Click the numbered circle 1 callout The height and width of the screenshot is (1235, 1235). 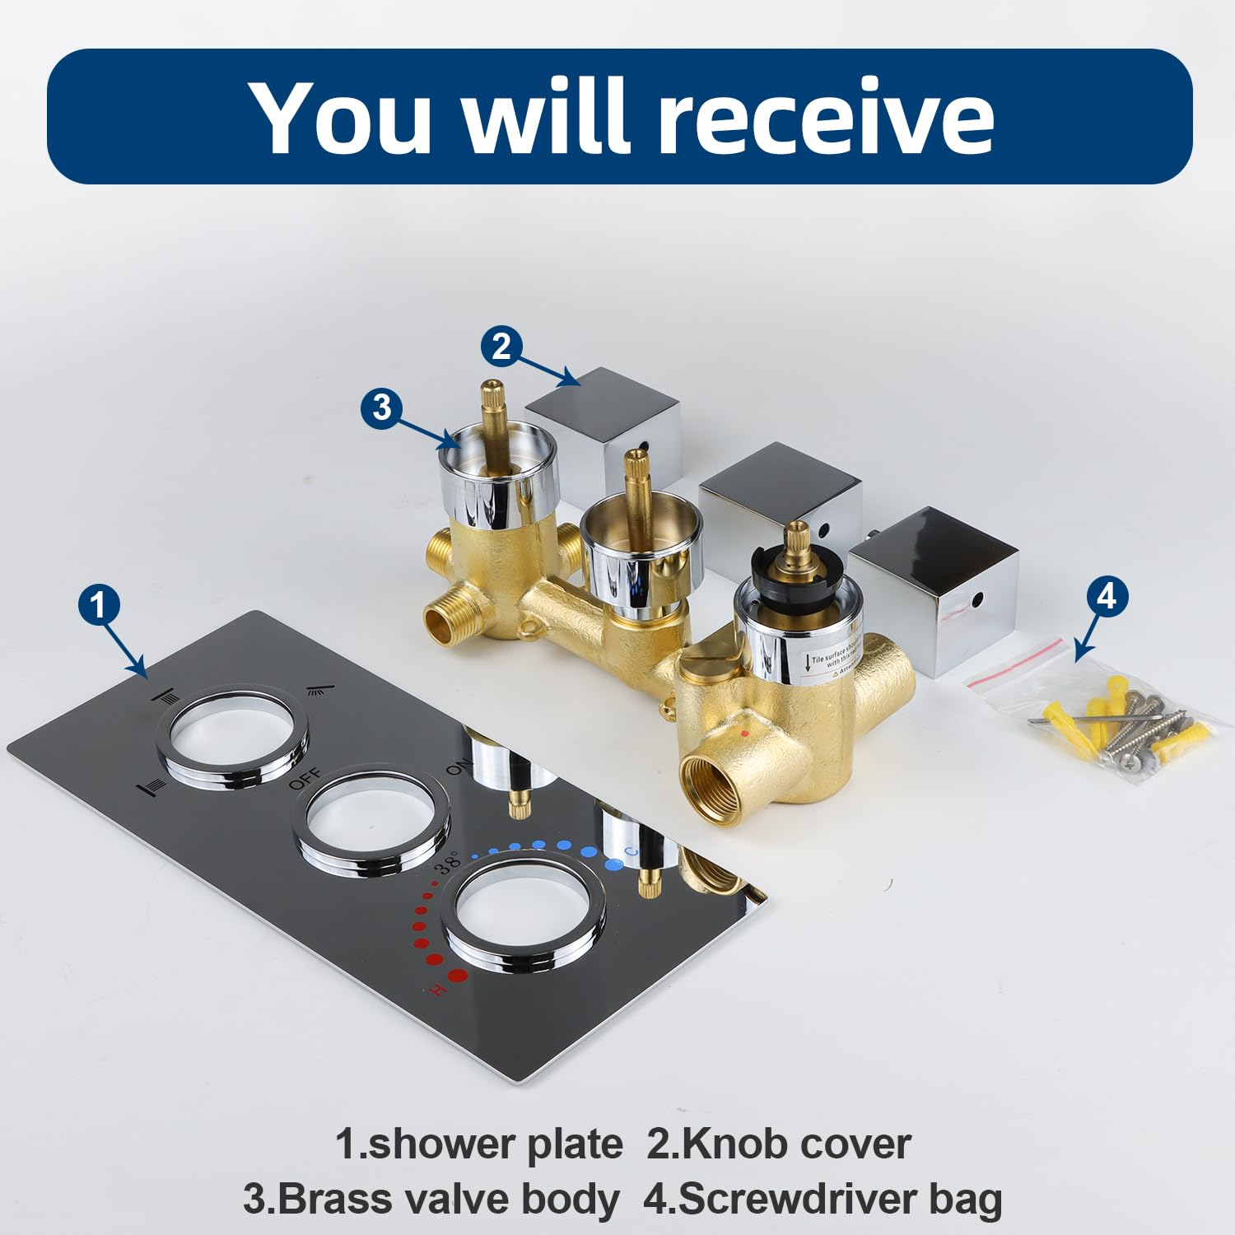click(99, 605)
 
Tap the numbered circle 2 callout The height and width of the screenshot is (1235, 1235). click(501, 347)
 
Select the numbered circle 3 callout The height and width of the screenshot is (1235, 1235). click(382, 408)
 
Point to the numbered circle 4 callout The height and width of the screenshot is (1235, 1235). click(1107, 595)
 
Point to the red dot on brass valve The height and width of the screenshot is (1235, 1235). click(745, 731)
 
